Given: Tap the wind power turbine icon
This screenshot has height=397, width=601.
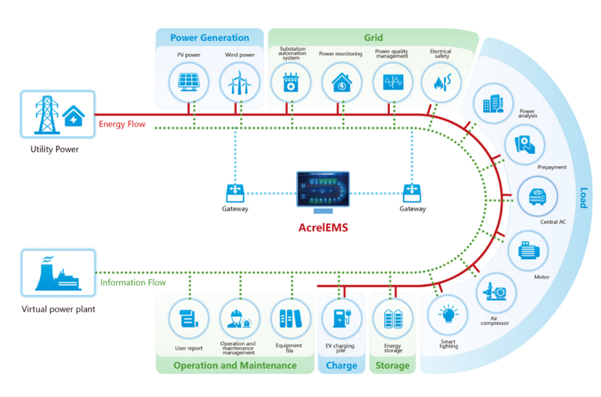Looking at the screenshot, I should click(x=237, y=82).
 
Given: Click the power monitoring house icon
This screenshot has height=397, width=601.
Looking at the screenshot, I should click(x=341, y=82).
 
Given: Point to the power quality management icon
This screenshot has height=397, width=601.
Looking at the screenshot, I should click(x=392, y=82).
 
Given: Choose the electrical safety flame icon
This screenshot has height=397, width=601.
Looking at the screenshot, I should click(x=441, y=82).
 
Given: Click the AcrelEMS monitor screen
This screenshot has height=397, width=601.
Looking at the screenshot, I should click(x=325, y=191).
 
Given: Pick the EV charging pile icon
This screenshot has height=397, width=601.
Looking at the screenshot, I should click(x=341, y=319).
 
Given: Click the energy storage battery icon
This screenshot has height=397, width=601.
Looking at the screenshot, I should click(x=392, y=319).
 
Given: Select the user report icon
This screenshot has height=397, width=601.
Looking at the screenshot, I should click(x=188, y=319).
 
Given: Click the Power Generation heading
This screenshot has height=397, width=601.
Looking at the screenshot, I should click(x=210, y=38).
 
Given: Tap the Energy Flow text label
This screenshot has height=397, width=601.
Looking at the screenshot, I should click(x=123, y=125).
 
